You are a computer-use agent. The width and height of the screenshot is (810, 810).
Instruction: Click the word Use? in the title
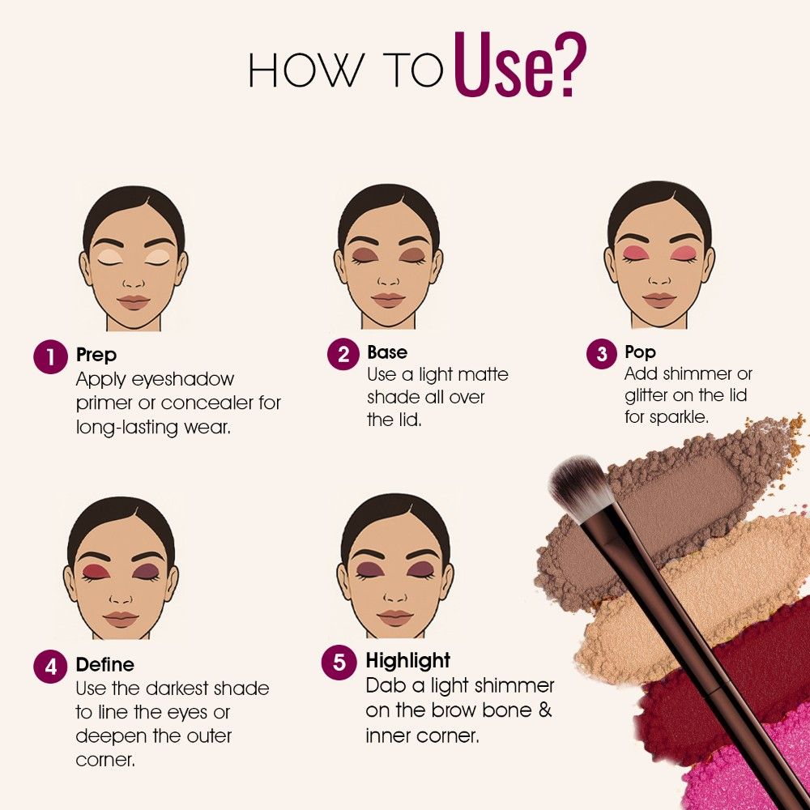pyautogui.click(x=520, y=66)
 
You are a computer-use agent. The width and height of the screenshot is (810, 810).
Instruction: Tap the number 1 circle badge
pyautogui.click(x=50, y=356)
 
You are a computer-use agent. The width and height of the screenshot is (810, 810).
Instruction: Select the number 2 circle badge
pyautogui.click(x=343, y=354)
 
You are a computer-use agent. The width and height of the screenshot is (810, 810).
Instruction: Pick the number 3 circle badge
pyautogui.click(x=603, y=354)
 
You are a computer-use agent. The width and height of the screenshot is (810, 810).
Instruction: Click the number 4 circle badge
pyautogui.click(x=50, y=667)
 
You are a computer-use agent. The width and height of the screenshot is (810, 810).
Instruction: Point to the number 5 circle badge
pyautogui.click(x=339, y=662)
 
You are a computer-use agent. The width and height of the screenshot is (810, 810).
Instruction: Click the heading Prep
pyautogui.click(x=96, y=356)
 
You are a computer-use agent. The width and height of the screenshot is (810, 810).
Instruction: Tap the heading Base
pyautogui.click(x=387, y=352)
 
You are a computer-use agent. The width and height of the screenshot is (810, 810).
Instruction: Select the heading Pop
pyautogui.click(x=641, y=353)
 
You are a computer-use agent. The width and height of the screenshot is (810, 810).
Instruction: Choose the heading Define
pyautogui.click(x=105, y=664)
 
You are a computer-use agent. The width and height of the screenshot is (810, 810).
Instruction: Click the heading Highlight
pyautogui.click(x=408, y=661)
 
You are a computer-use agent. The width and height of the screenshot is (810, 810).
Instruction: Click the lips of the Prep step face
pyautogui.click(x=134, y=302)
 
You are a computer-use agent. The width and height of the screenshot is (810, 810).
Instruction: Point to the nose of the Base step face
pyautogui.click(x=389, y=279)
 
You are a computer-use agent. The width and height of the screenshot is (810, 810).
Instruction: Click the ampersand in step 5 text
pyautogui.click(x=544, y=710)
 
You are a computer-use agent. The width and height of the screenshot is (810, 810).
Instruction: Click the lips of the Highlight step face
pyautogui.click(x=395, y=618)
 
